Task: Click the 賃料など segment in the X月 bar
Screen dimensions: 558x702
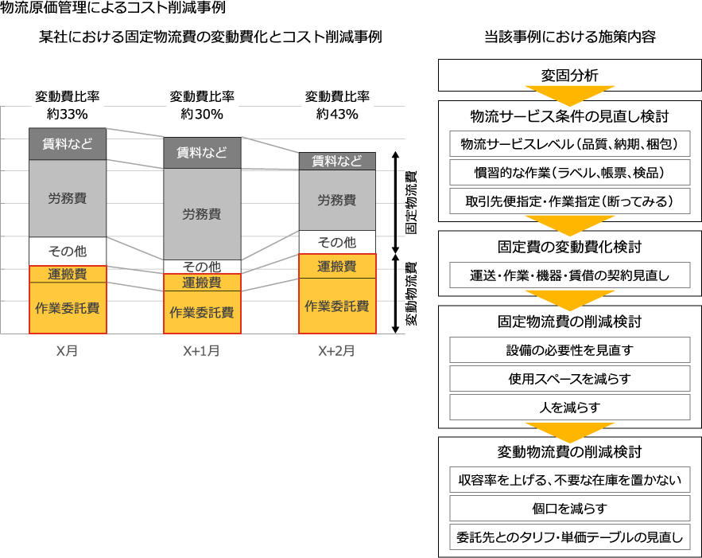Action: pos(68,144)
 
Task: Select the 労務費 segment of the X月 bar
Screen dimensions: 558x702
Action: pos(68,198)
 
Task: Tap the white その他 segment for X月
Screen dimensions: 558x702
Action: pos(68,251)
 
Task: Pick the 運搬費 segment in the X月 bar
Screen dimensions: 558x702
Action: pos(68,275)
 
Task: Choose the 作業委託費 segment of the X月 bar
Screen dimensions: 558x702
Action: pos(68,308)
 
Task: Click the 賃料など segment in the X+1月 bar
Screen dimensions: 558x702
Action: pos(202,153)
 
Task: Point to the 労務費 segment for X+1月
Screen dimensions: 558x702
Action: pos(202,214)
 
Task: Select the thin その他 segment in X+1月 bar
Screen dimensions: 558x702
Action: pos(202,267)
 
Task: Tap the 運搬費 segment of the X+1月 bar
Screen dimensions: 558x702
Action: pos(202,283)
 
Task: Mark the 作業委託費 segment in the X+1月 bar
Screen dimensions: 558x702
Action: pos(202,312)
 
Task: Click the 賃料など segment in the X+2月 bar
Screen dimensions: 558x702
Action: pos(337,162)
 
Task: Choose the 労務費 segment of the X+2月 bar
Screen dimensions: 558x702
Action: pos(337,200)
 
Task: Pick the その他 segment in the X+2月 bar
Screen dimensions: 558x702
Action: pos(337,242)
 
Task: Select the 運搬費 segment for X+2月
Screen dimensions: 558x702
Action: pos(337,267)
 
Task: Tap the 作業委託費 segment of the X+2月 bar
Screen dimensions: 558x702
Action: pos(337,306)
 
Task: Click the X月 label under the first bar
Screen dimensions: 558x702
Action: pos(68,350)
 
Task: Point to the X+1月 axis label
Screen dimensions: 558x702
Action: pos(202,350)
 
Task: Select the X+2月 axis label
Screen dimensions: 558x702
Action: pos(337,350)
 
